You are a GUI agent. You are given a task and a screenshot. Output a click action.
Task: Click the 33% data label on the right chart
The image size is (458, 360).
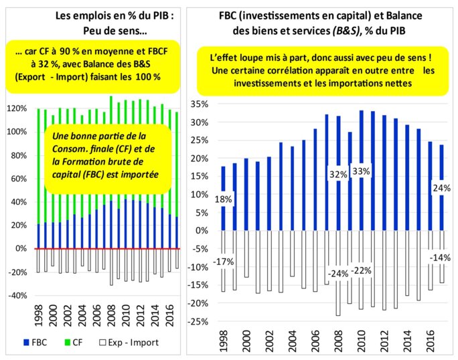362,171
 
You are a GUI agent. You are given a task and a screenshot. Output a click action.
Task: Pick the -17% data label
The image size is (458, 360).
224,262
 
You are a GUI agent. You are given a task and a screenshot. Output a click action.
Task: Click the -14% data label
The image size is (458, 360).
439,257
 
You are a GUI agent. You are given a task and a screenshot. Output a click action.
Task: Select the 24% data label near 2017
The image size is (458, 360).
439,188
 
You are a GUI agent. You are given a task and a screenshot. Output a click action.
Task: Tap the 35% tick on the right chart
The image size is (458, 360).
201,104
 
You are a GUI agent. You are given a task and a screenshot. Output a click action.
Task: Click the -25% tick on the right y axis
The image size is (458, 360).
200,322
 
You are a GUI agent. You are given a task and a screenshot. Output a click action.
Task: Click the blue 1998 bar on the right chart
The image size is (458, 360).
223,198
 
